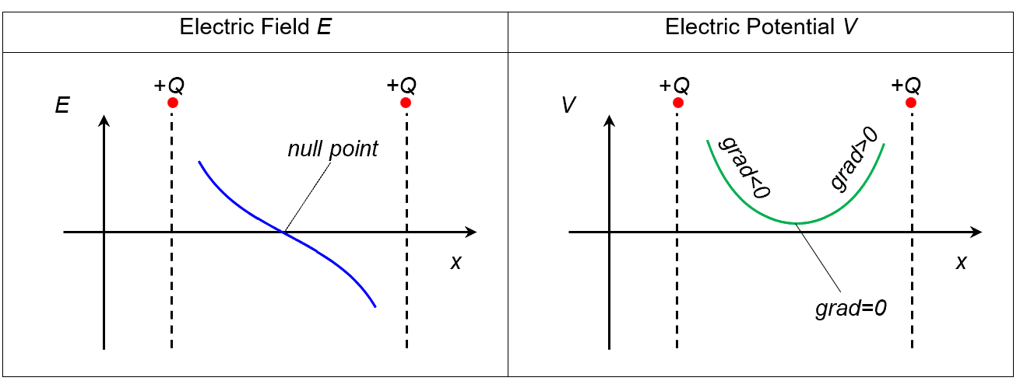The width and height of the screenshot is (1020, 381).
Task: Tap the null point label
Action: pyautogui.click(x=332, y=149)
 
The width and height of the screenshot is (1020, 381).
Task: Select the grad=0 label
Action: pyautogui.click(x=851, y=308)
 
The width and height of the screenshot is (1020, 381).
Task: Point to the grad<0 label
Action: pyautogui.click(x=744, y=167)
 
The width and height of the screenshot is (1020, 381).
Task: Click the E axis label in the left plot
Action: pyautogui.click(x=62, y=107)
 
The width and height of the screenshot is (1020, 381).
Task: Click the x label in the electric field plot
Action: pyautogui.click(x=455, y=262)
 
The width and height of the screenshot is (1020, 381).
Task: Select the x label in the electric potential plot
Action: pyautogui.click(x=961, y=262)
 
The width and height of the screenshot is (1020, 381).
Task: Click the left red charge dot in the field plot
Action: pyautogui.click(x=172, y=103)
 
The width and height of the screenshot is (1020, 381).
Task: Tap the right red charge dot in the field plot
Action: pyautogui.click(x=405, y=103)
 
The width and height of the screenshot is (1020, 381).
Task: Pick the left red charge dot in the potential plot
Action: pyautogui.click(x=677, y=103)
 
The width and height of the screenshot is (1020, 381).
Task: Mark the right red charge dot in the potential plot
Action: pyautogui.click(x=910, y=103)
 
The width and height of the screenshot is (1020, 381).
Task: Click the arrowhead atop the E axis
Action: pyautogui.click(x=104, y=121)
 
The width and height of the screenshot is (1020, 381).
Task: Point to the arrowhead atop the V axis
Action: pyautogui.click(x=609, y=121)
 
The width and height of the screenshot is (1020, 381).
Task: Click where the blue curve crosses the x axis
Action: pyautogui.click(x=283, y=232)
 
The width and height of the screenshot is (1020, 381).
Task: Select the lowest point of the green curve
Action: pyautogui.click(x=796, y=223)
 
